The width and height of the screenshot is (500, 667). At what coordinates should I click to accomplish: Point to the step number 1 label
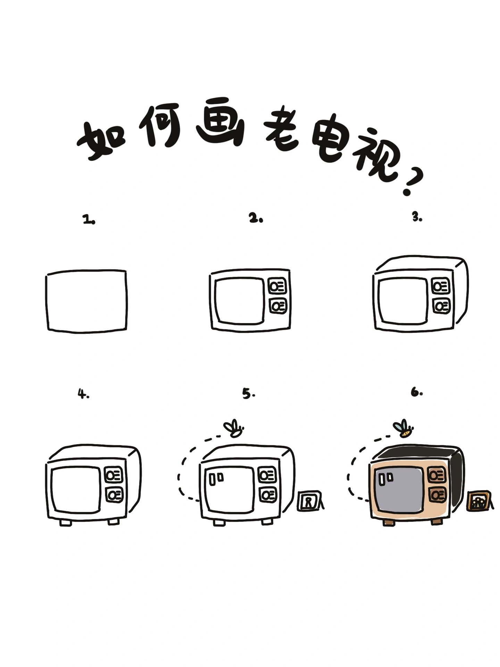click(89, 220)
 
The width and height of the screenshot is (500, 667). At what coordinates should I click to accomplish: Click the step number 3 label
click(417, 217)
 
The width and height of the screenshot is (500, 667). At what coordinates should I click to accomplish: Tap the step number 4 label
click(83, 394)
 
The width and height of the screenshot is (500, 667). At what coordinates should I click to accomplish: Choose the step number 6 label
click(416, 393)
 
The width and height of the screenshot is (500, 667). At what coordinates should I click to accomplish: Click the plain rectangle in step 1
click(86, 300)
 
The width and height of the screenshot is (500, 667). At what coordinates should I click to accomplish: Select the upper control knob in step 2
click(278, 287)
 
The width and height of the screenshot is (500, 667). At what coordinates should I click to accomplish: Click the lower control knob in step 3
click(441, 306)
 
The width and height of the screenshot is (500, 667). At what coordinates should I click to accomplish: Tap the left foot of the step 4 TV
click(65, 522)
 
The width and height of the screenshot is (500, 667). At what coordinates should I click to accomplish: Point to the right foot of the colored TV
click(436, 522)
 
